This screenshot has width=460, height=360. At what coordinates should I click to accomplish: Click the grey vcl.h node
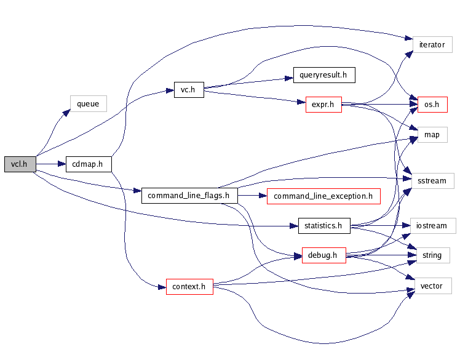pyautogui.click(x=20, y=164)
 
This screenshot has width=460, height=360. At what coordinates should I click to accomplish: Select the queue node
pyautogui.click(x=88, y=103)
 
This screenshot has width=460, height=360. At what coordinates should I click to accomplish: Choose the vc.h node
pyautogui.click(x=188, y=90)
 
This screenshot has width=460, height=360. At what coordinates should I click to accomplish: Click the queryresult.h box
pyautogui.click(x=323, y=76)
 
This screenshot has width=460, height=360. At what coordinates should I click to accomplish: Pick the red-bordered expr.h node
pyautogui.click(x=323, y=105)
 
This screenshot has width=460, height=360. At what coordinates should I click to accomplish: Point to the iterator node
pyautogui.click(x=432, y=45)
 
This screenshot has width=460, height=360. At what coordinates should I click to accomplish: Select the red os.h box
pyautogui.click(x=432, y=105)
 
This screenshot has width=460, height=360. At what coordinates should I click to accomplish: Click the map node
pyautogui.click(x=432, y=134)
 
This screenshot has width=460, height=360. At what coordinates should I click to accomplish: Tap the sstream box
pyautogui.click(x=432, y=181)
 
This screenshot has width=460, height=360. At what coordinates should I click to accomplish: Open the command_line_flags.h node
pyautogui.click(x=189, y=196)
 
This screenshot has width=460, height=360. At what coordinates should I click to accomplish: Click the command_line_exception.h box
pyautogui.click(x=323, y=196)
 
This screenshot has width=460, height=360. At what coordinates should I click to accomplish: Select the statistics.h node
pyautogui.click(x=323, y=225)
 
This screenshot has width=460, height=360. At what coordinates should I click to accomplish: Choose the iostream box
pyautogui.click(x=432, y=225)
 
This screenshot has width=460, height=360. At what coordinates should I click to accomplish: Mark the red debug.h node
pyautogui.click(x=323, y=255)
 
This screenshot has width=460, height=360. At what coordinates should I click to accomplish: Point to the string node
pyautogui.click(x=432, y=255)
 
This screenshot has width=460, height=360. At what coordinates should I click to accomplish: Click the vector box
pyautogui.click(x=432, y=286)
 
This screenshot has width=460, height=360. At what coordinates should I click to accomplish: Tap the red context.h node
pyautogui.click(x=189, y=286)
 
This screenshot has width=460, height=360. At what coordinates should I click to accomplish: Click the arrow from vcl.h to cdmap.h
pyautogui.click(x=50, y=164)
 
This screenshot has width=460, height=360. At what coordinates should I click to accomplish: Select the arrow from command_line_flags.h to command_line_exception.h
pyautogui.click(x=252, y=196)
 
